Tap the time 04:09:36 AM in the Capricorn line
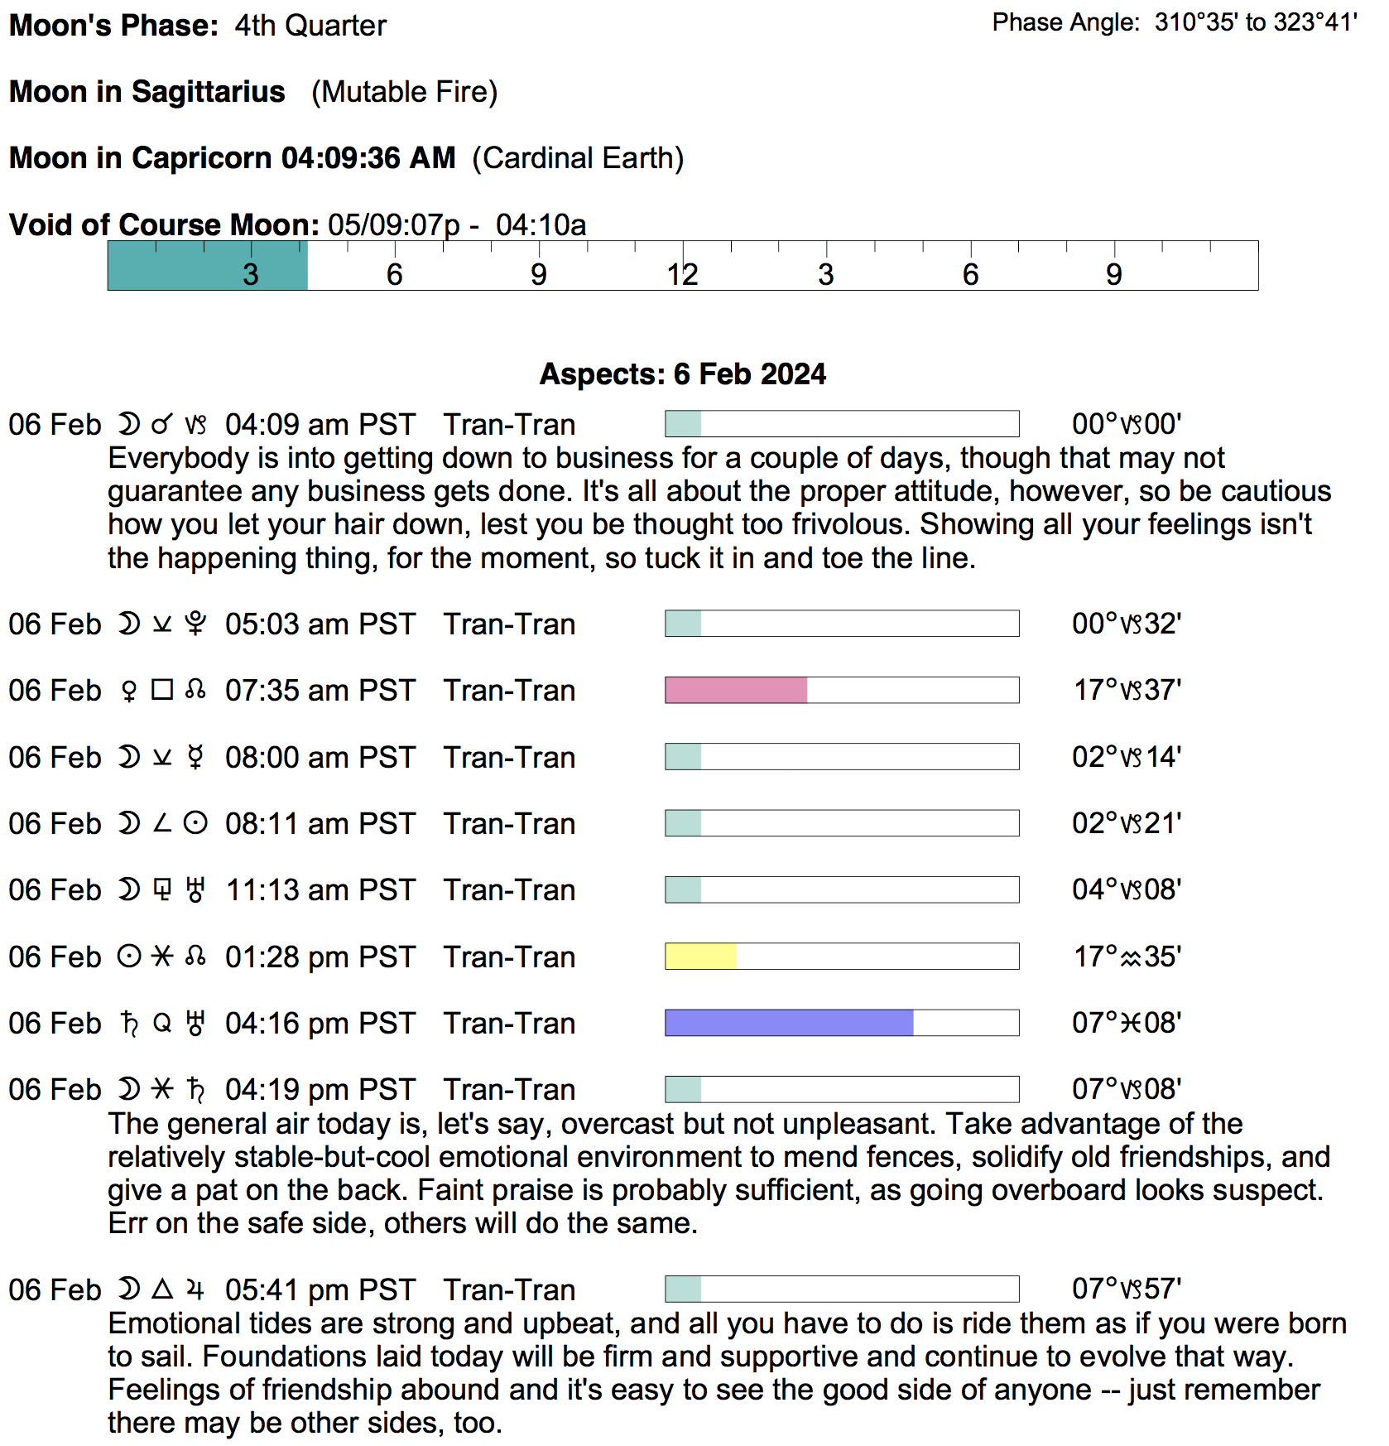tap(368, 158)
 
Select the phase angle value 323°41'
tap(1315, 22)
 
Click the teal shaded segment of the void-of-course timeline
tap(207, 265)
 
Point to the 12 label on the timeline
tap(682, 275)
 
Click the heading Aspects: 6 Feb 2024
tap(682, 374)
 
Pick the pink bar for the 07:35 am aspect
tap(736, 690)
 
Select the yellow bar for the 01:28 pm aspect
tap(700, 957)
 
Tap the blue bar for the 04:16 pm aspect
tap(789, 1023)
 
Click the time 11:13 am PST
tap(320, 890)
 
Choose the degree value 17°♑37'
tap(1127, 690)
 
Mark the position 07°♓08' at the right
tap(1127, 1023)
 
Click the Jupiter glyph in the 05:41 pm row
tap(195, 1289)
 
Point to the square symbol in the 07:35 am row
tap(162, 690)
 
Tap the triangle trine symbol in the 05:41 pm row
tap(162, 1289)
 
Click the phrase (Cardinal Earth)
tap(578, 158)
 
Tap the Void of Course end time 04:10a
tap(541, 225)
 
